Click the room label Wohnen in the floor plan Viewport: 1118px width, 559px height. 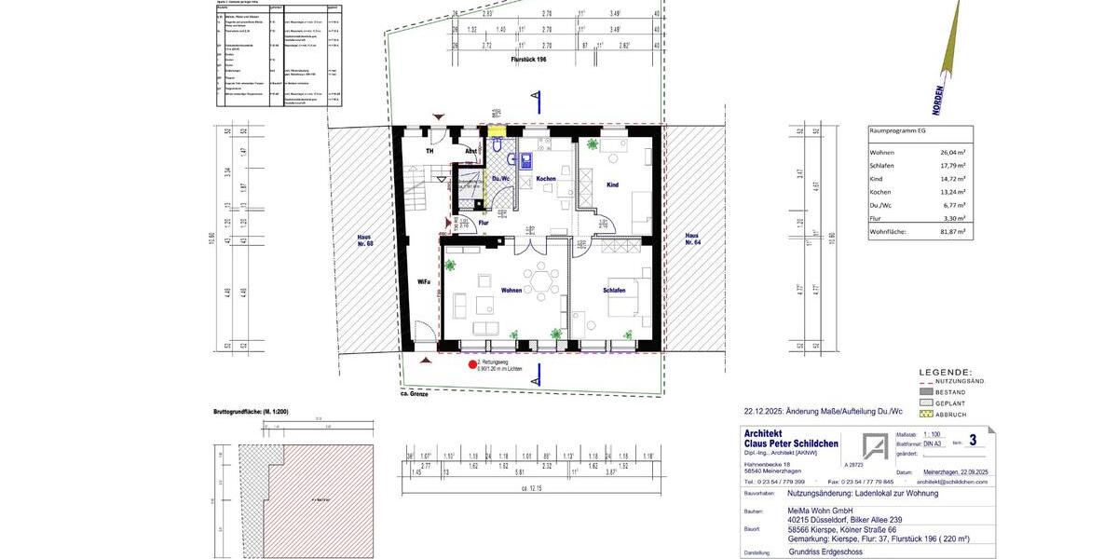(x=511, y=290)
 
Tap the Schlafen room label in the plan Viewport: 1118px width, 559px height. (x=614, y=290)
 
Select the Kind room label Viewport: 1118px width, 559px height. (x=612, y=184)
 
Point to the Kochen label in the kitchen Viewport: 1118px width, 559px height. (x=546, y=178)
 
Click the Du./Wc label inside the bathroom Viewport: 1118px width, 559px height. (x=499, y=178)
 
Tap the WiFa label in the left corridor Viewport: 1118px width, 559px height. (x=423, y=280)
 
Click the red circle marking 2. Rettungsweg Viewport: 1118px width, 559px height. (x=472, y=364)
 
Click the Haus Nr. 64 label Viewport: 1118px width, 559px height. (x=691, y=239)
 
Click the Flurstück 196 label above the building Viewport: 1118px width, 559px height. (x=528, y=59)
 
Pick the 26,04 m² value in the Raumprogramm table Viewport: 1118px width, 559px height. (x=952, y=152)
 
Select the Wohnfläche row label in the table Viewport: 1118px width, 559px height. (x=887, y=230)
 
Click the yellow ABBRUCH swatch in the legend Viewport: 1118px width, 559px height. (x=925, y=414)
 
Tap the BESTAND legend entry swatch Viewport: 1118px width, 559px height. (x=925, y=392)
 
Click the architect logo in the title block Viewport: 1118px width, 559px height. (x=874, y=446)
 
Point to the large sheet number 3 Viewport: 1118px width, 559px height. (x=973, y=440)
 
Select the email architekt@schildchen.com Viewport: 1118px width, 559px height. (x=951, y=482)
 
